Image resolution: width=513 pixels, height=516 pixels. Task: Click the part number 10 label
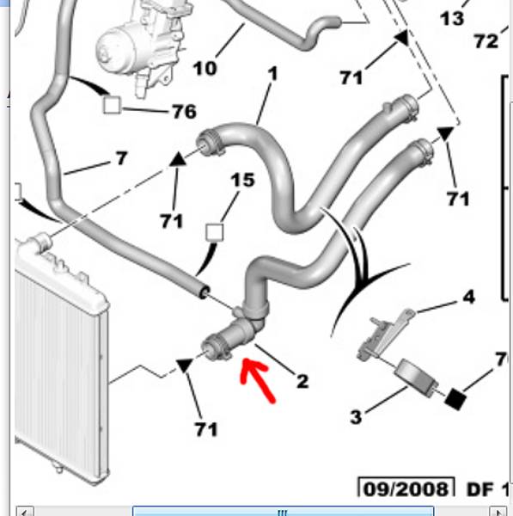point(205,69)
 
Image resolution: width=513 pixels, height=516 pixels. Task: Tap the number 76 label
point(185,111)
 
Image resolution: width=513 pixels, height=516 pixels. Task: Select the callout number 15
point(242,180)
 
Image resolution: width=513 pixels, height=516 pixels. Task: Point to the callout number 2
point(302,381)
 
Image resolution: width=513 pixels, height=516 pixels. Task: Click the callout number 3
point(356,417)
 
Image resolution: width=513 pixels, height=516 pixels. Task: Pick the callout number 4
point(469,297)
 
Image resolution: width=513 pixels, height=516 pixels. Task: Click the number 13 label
point(452,18)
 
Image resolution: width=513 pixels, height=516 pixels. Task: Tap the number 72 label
point(486,41)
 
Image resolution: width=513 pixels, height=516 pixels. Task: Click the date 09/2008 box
point(406,487)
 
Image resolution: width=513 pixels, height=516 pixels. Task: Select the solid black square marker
point(455,399)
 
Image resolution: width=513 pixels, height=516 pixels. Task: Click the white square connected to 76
point(112,105)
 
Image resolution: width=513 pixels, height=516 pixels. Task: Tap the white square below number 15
point(215,232)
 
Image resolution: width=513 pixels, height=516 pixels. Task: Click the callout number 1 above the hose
point(273,73)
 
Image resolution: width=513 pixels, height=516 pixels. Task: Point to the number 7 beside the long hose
point(122,158)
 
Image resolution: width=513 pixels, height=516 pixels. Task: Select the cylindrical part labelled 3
point(416,378)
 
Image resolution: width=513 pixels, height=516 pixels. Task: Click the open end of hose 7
point(205,292)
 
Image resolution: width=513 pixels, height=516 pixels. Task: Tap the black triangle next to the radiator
point(184,365)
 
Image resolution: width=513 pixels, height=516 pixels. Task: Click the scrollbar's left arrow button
point(24,512)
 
